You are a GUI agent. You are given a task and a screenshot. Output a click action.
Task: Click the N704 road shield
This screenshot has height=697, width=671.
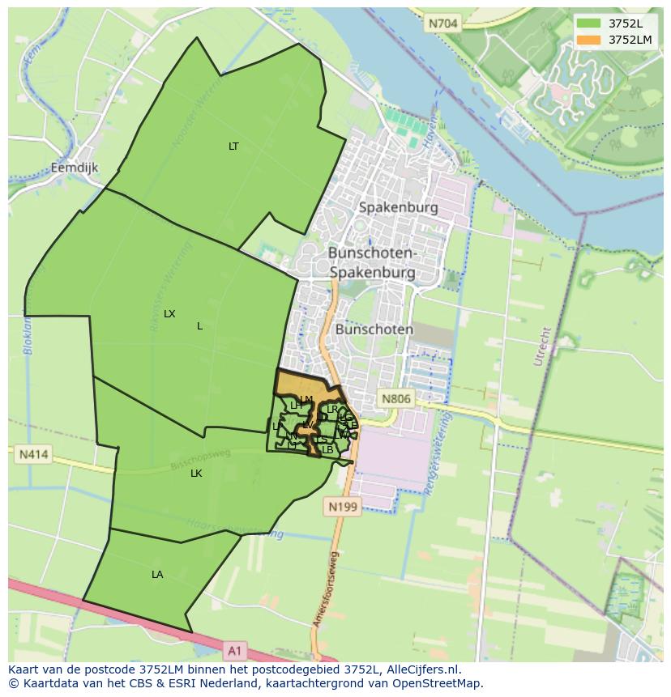pos(442,24)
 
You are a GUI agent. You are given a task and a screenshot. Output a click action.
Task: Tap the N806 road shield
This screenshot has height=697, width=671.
pos(396,398)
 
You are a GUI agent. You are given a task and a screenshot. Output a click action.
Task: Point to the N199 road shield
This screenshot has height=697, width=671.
pos(341,507)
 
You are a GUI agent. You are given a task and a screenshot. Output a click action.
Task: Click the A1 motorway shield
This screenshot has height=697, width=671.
pos(234,649)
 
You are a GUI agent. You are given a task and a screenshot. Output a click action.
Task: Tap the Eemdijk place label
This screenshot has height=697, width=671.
pos(74,168)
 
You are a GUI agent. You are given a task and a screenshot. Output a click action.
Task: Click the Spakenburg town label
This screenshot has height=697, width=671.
pos(398,207)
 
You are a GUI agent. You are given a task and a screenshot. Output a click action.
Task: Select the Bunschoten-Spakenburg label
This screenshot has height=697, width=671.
pos(372,263)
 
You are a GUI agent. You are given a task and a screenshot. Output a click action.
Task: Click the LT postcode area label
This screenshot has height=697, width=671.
pos(233,147)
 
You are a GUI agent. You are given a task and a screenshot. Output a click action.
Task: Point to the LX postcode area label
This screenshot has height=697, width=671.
pos(169,314)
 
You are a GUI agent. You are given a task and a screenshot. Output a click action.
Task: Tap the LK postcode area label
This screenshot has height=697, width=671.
pos(196,474)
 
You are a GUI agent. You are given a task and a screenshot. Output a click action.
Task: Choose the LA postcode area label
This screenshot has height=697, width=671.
pos(157,575)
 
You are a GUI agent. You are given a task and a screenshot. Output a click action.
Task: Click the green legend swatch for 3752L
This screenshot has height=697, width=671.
pos(589,23)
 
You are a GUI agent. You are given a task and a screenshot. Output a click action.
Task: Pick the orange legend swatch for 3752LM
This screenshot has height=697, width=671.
pos(589,40)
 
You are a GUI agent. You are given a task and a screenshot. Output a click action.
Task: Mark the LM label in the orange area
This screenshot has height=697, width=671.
pos(306,399)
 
